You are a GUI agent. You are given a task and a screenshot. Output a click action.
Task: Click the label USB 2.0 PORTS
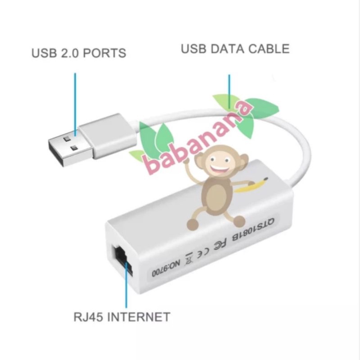pos(79,53)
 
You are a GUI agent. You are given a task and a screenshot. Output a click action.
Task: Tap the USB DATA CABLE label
pos(235,49)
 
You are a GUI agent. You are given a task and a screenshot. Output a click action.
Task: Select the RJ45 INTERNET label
pos(122,317)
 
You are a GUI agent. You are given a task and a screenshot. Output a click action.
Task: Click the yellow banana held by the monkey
pos(251,185)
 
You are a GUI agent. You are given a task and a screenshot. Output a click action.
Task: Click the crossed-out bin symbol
pos(189,260)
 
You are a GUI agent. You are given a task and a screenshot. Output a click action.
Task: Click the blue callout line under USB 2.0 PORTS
pos(75,105)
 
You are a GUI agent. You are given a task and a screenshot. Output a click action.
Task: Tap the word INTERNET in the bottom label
pos(139,317)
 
